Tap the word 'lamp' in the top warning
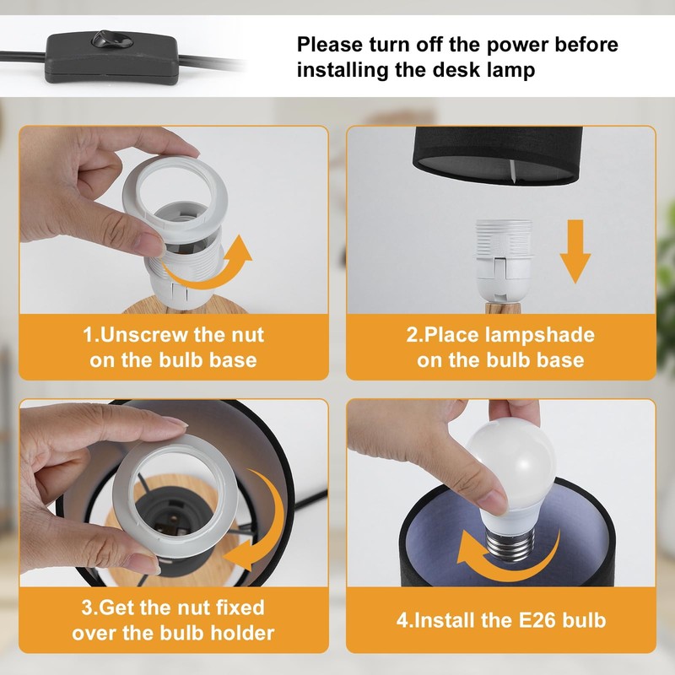coord(511,70)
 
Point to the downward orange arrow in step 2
coord(575,251)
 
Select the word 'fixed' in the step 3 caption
coord(240,607)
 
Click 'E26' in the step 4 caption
coord(536,620)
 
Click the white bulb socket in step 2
coord(504,262)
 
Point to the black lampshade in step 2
coord(498,155)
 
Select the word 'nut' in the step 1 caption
coord(247,335)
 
